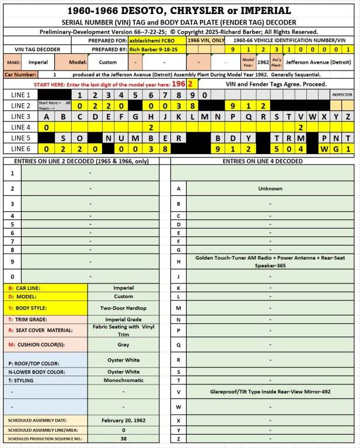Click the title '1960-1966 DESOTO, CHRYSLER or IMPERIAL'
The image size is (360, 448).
point(180,10)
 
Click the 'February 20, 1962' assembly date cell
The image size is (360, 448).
point(123,420)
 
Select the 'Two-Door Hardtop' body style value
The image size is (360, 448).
point(123,308)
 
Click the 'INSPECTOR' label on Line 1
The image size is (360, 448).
point(342,94)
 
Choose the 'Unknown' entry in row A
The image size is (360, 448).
point(270,188)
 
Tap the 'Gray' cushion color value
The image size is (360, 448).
point(123,344)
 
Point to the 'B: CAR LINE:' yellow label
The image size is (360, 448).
point(25,288)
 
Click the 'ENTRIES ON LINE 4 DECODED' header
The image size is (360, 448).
point(263,160)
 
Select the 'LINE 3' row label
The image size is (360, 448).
point(20,116)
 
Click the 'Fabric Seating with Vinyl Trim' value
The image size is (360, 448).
point(123,330)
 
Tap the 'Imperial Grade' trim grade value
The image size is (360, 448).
point(123,319)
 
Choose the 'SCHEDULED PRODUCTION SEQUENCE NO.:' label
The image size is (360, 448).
point(45,438)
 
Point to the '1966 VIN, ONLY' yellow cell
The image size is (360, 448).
point(205,41)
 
